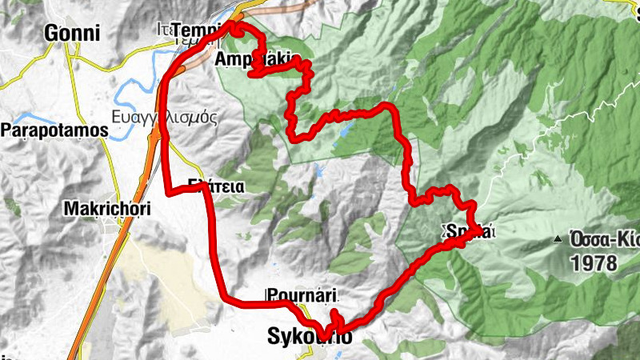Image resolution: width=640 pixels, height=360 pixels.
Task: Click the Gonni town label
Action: pyautogui.click(x=73, y=33)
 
